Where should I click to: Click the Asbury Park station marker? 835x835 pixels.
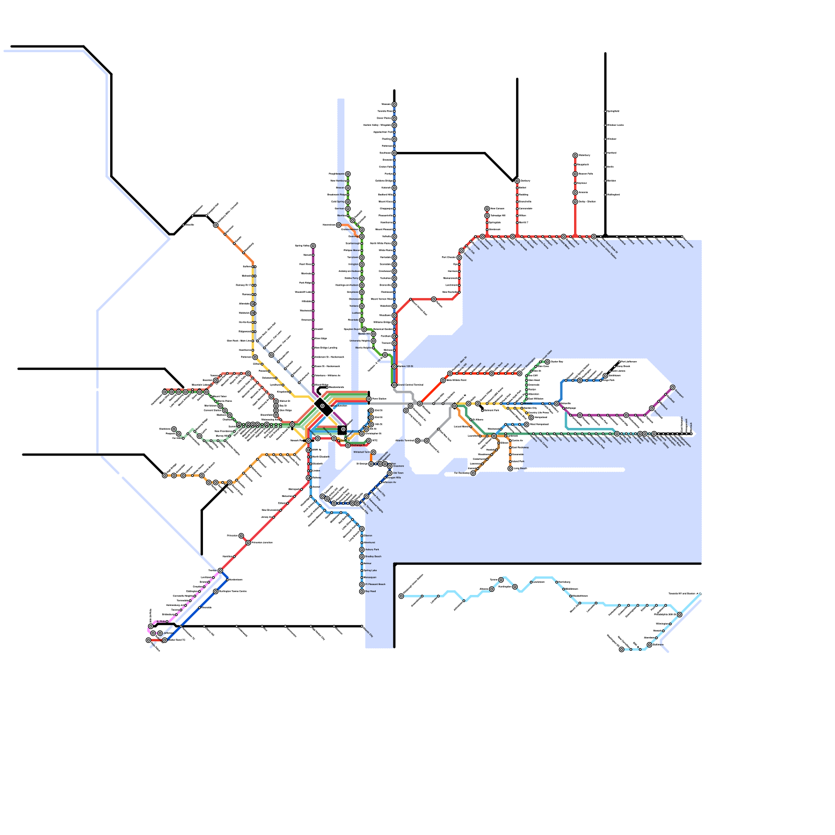362,550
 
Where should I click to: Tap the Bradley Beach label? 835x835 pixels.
373,556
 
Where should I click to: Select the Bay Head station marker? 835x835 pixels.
362,591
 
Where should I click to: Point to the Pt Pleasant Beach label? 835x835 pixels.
375,584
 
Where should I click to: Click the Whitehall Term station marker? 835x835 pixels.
373,452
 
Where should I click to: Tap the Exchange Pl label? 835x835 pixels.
359,445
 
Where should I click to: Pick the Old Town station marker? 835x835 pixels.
389,473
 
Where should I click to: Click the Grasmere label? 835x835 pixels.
398,466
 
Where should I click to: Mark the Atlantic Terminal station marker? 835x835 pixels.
417,440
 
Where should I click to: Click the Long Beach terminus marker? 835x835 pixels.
510,468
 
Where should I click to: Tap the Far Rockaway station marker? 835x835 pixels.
473,473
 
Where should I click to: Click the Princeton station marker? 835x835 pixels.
241,535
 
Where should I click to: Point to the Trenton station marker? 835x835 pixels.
220,570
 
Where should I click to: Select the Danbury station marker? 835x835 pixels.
517,181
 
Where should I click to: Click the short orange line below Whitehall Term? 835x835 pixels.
371,458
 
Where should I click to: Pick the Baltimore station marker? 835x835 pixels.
649,645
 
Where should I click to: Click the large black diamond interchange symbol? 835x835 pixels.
324,407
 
